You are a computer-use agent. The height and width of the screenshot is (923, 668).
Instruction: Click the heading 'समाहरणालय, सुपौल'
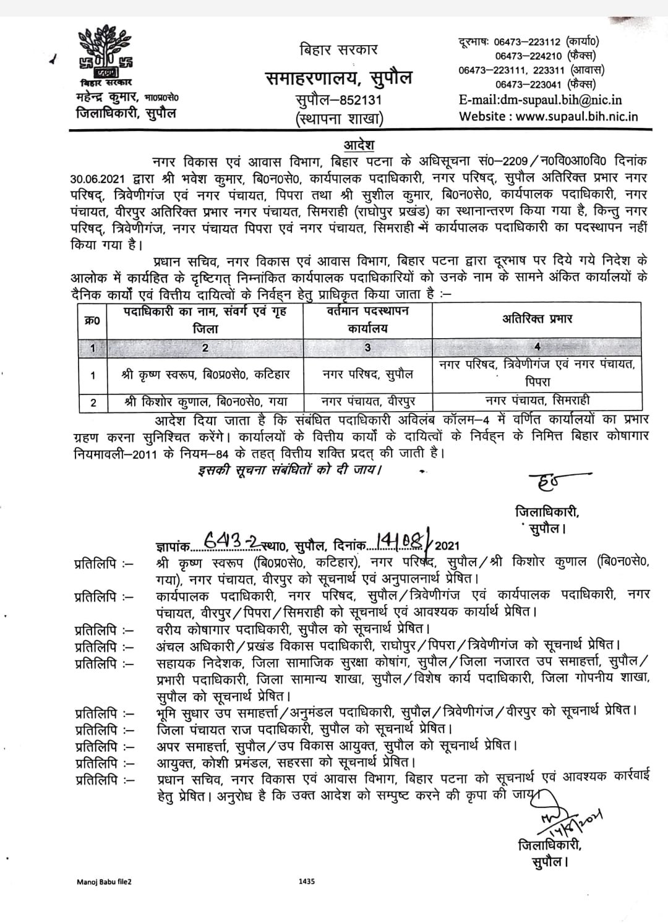click(x=338, y=79)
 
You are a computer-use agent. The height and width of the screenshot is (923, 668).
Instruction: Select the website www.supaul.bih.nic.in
click(x=548, y=116)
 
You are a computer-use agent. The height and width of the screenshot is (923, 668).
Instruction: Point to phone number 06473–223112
click(x=526, y=42)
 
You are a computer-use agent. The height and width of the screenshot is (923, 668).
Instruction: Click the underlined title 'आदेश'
click(x=359, y=145)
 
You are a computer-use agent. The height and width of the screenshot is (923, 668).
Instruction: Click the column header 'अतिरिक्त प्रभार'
click(x=536, y=318)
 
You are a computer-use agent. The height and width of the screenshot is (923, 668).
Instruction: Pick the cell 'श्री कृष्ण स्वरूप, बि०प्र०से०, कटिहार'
click(x=205, y=375)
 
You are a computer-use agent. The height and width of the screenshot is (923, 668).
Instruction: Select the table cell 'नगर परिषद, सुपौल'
click(x=367, y=375)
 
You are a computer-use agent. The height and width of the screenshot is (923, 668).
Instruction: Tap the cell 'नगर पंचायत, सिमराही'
click(x=536, y=401)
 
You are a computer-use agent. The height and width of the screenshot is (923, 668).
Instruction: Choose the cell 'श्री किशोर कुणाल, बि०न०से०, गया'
click(x=205, y=402)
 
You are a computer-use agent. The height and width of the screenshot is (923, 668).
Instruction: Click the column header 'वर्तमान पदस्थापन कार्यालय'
click(x=367, y=319)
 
